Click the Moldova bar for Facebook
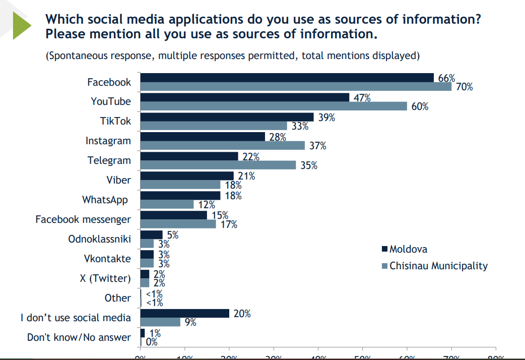[x=287, y=77]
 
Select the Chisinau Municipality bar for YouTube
[x=274, y=106]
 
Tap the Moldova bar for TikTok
[x=227, y=116]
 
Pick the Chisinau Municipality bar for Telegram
[x=218, y=165]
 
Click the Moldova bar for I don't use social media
[x=184, y=313]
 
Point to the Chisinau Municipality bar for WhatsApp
[x=167, y=204]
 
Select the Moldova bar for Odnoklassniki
[x=151, y=234]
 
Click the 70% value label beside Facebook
[x=464, y=87]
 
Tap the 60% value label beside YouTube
[x=419, y=106]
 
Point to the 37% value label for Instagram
[x=317, y=146]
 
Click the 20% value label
[x=241, y=314]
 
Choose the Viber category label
[x=118, y=181]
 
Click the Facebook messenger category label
[x=83, y=219]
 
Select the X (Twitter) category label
[x=105, y=278]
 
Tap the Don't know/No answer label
[x=79, y=337]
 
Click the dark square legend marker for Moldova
[x=384, y=249]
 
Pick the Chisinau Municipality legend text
[x=438, y=265]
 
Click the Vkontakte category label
[x=107, y=259]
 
